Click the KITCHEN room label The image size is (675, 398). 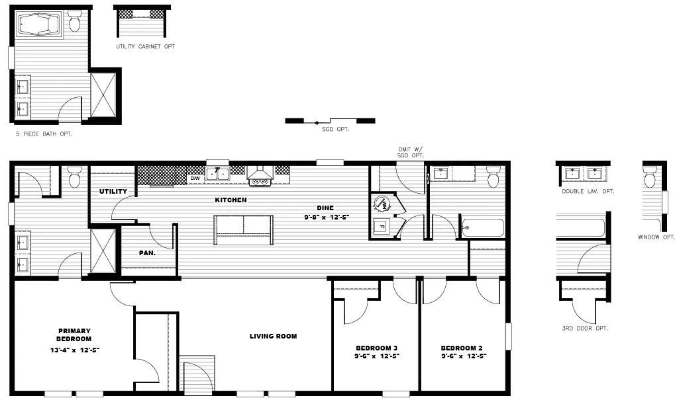click(x=231, y=200)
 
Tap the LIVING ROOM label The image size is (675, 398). click(x=273, y=337)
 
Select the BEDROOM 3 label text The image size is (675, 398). click(x=376, y=348)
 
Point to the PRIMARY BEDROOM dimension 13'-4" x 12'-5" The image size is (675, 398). click(x=74, y=349)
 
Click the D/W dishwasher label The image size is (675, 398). click(x=195, y=179)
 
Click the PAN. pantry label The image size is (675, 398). click(x=146, y=253)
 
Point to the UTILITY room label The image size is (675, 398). click(x=113, y=192)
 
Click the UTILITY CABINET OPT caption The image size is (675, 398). click(x=146, y=47)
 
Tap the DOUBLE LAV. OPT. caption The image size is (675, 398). click(x=588, y=191)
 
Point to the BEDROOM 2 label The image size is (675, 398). click(x=464, y=348)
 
